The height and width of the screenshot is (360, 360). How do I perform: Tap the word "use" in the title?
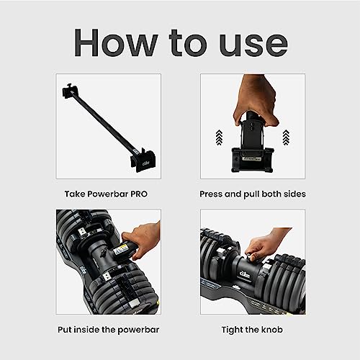[x=253, y=46]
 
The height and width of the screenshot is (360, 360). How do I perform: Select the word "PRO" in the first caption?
[x=139, y=194]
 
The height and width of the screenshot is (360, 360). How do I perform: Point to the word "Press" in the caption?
[x=211, y=194]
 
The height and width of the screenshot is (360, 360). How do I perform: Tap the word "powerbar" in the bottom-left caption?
[x=138, y=330]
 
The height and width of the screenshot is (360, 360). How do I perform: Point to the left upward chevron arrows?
[x=219, y=138]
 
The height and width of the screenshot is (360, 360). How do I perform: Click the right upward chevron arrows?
[x=286, y=138]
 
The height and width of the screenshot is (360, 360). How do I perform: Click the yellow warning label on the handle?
[x=121, y=250]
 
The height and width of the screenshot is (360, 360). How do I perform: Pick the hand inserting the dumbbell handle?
[x=142, y=239]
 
